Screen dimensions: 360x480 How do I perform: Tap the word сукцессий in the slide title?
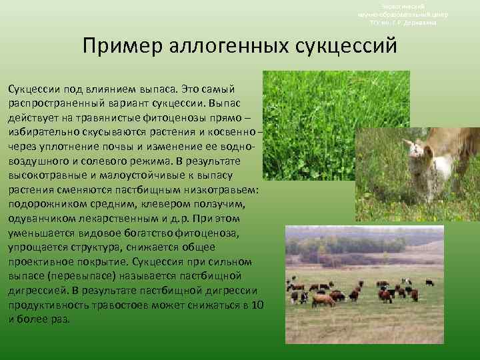click(x=346, y=46)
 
